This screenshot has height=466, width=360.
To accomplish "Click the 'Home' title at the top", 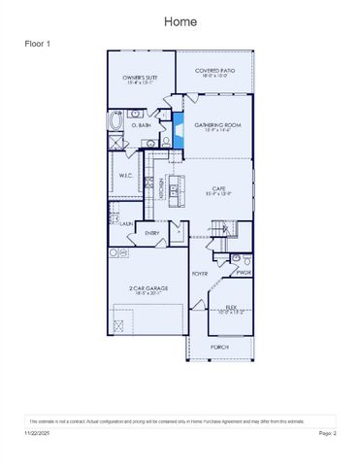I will click(180, 20).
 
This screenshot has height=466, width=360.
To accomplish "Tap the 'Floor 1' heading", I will click(38, 45).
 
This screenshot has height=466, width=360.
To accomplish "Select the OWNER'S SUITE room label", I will click(140, 80).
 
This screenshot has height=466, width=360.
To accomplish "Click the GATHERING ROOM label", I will click(216, 126).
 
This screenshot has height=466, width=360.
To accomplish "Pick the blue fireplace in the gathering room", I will click(179, 127).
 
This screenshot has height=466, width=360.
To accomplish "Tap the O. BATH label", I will click(143, 125).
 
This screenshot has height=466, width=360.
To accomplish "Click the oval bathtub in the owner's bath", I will click(118, 123).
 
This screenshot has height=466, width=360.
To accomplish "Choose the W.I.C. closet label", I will click(126, 176).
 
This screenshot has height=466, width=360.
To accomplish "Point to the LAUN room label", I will click(126, 223).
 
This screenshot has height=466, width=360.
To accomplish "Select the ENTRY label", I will click(152, 233).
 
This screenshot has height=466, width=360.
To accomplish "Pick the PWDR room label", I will click(243, 273).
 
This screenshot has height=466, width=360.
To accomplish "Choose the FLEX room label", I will click(231, 309).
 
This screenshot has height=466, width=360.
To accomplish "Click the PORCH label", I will click(219, 346).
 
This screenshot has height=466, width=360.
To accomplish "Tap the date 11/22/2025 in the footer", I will click(36, 432).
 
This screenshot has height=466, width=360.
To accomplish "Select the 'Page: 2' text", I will click(327, 432).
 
